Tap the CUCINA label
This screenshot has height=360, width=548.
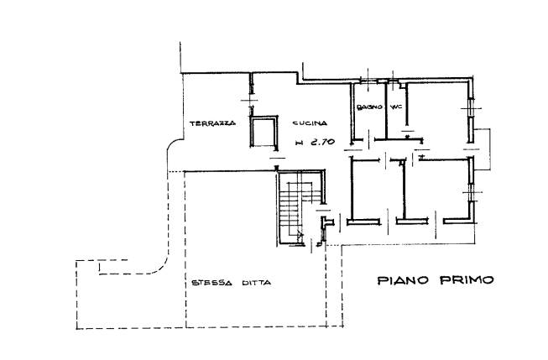coord(310,123)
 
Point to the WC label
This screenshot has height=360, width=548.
coord(396,107)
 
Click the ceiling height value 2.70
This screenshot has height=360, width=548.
coord(321,142)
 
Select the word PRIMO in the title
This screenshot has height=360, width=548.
coord(467,280)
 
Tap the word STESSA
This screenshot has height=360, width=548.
coord(211,283)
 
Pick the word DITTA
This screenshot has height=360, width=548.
coord(257,283)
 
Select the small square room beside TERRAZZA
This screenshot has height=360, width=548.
coord(264,132)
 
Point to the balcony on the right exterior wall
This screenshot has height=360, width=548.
coord(483,149)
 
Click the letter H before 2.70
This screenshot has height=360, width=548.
coord(299,143)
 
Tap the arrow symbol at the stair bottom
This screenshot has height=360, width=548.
coord(300,235)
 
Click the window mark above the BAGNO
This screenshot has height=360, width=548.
coord(368,81)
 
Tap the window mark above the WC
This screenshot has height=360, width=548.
coord(394,81)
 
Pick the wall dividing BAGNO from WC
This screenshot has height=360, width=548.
coord(386,110)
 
